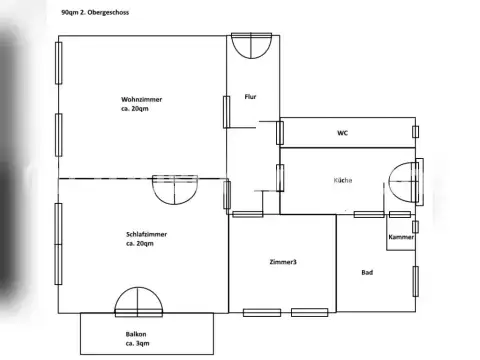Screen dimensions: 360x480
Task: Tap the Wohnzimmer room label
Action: pos(142,100)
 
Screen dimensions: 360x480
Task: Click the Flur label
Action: pos(251,97)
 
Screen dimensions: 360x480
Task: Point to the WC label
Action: pos(342,132)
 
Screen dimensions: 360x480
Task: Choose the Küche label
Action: pos(343,180)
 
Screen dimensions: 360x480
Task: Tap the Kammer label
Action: pos(400,238)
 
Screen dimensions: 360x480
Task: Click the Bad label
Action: pos(367,272)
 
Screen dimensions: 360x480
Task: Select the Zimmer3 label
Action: pos(283,262)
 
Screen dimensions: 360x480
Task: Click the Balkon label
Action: pos(137,333)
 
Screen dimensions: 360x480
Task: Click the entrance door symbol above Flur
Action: pos(250,45)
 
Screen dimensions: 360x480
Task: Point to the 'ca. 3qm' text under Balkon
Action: pos(137,343)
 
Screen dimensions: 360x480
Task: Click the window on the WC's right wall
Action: pos(415,130)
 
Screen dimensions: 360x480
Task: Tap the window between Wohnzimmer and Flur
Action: pos(226,111)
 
